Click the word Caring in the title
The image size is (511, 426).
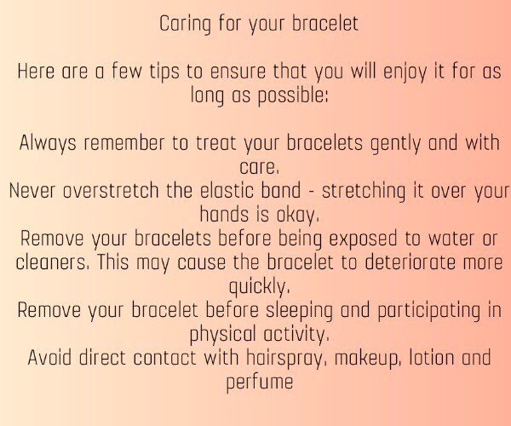click(x=185, y=25)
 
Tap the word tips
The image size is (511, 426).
click(x=164, y=72)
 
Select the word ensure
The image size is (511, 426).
click(x=238, y=72)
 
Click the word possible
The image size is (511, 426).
click(x=293, y=95)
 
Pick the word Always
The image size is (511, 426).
click(x=48, y=144)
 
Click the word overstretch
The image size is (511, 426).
click(x=111, y=191)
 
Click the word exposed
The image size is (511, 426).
click(x=363, y=239)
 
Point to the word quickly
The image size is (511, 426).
click(x=260, y=287)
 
